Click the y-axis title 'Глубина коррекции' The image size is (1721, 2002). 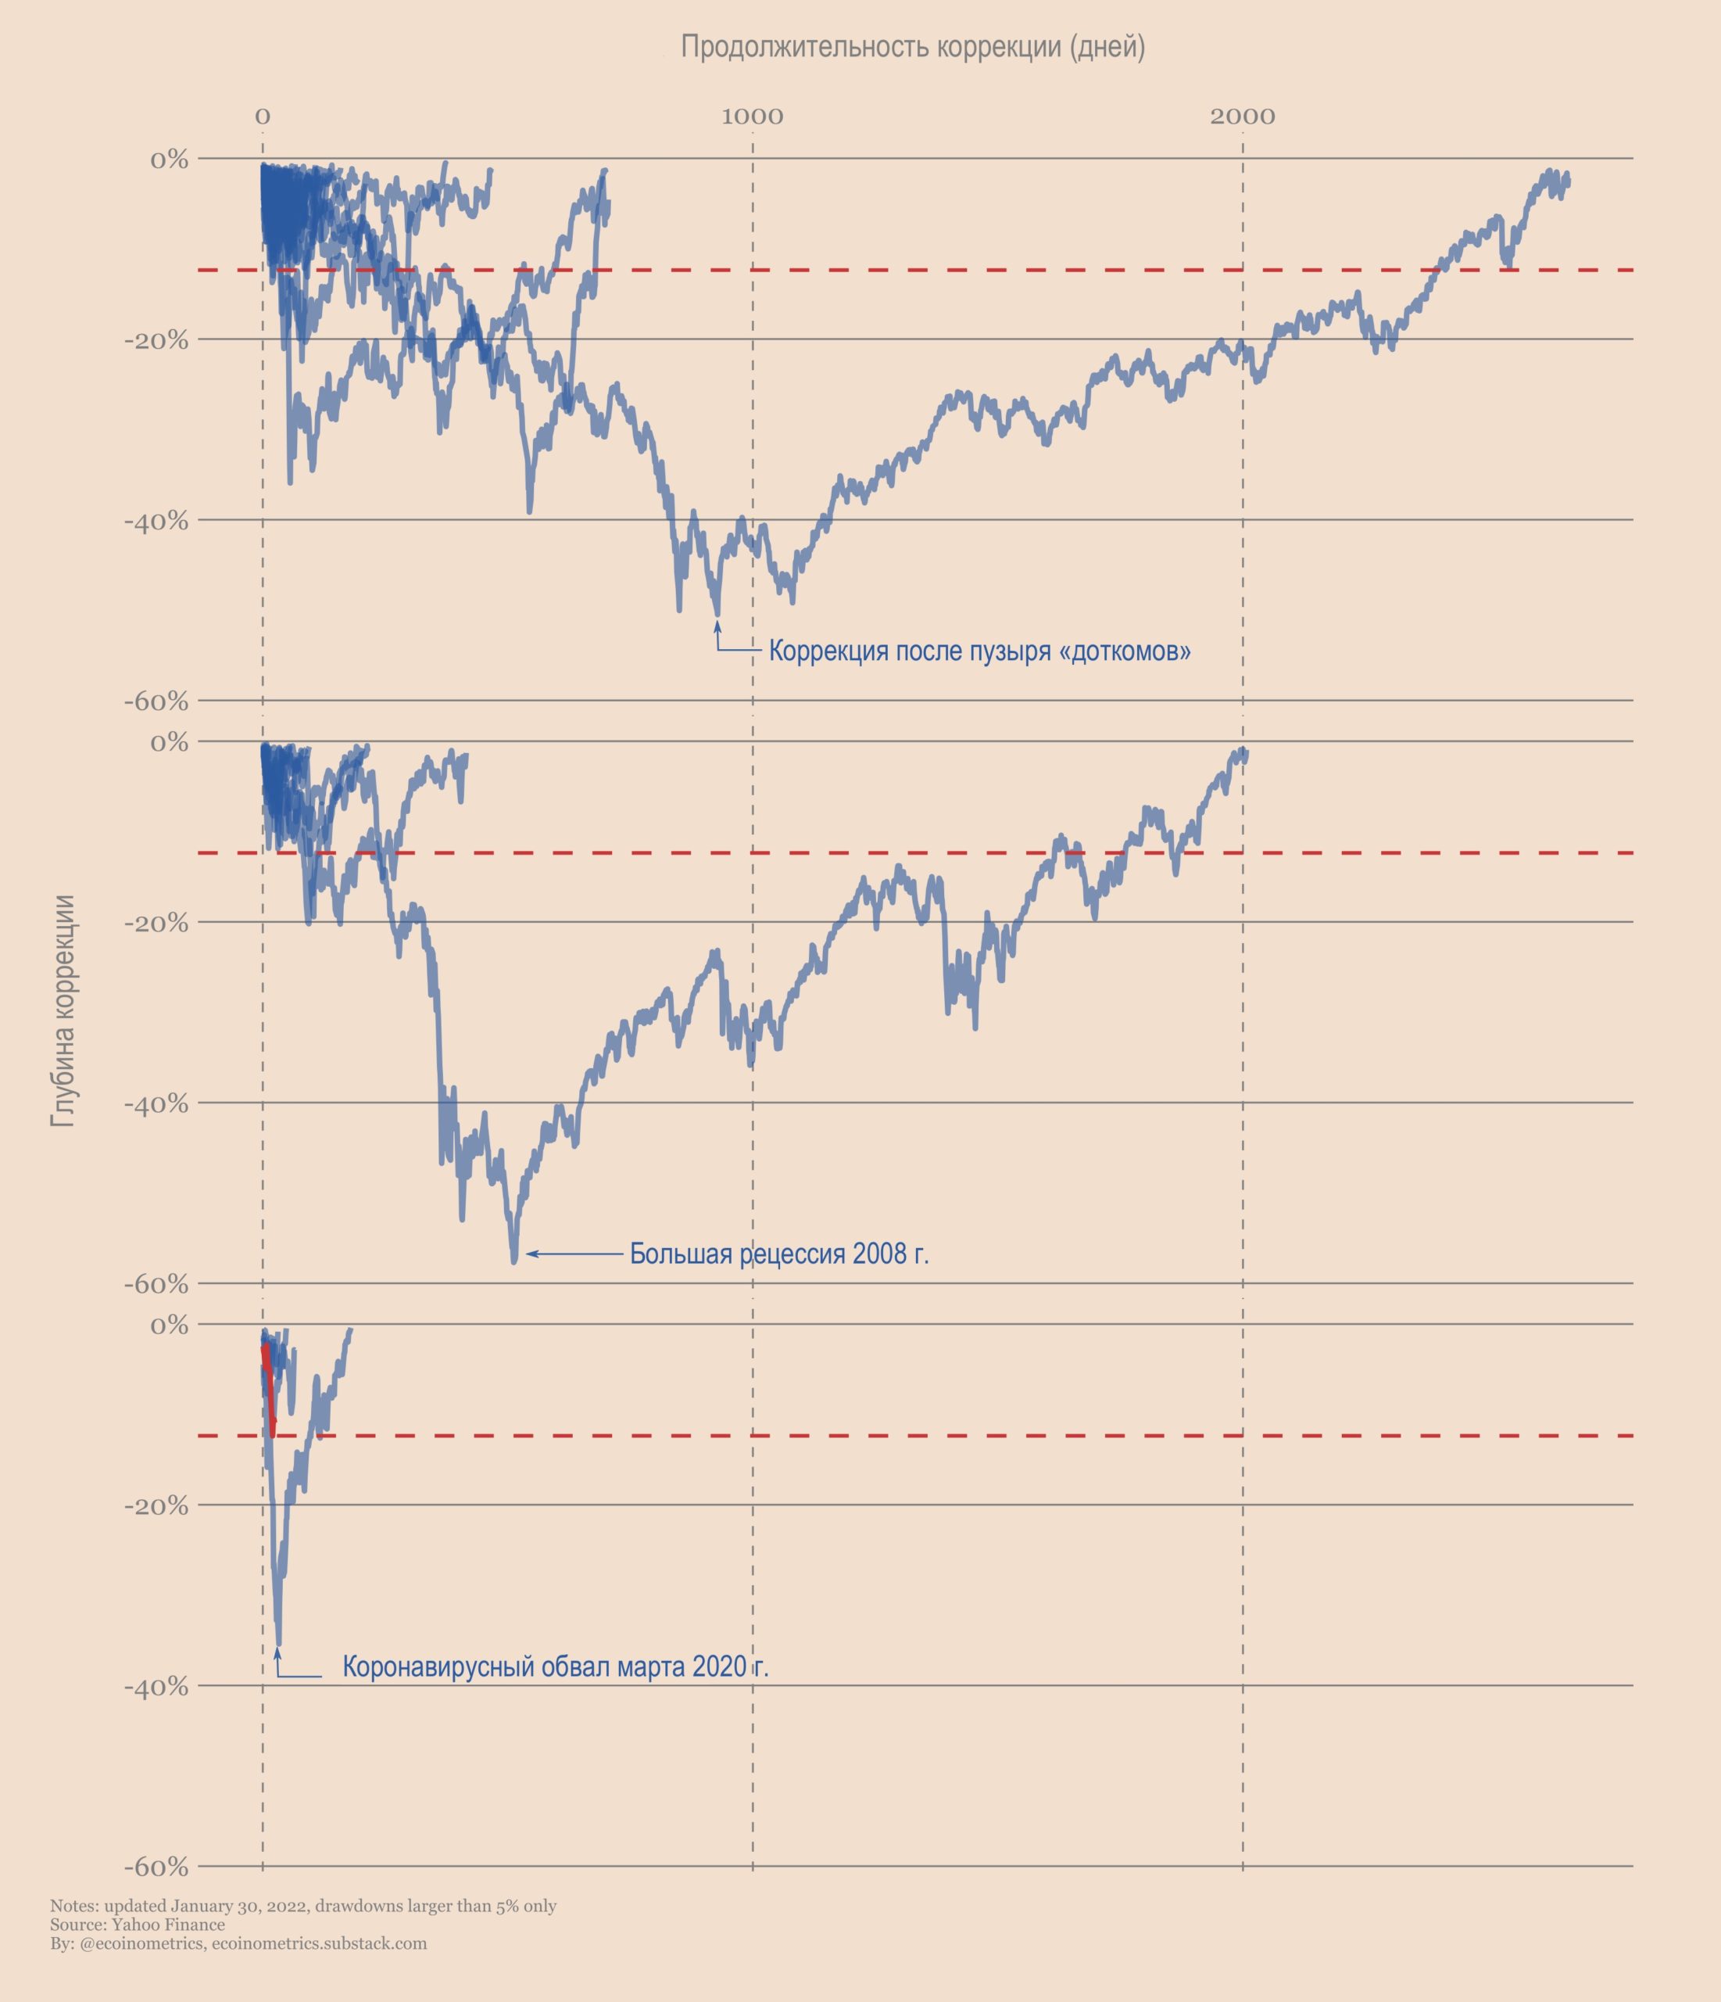[64, 1010]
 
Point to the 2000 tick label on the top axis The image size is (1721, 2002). [1242, 117]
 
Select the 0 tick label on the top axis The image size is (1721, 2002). [262, 117]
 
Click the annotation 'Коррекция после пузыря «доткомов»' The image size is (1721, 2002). [979, 651]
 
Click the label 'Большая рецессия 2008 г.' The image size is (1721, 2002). [778, 1254]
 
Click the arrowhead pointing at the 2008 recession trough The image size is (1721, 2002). [529, 1254]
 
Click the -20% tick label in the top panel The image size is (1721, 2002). [156, 340]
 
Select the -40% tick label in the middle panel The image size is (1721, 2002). [156, 1103]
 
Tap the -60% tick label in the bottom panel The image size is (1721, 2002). [156, 1867]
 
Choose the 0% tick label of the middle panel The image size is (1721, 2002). [169, 742]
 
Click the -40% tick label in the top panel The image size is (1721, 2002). [156, 521]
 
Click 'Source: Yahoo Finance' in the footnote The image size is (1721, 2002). [137, 1925]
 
